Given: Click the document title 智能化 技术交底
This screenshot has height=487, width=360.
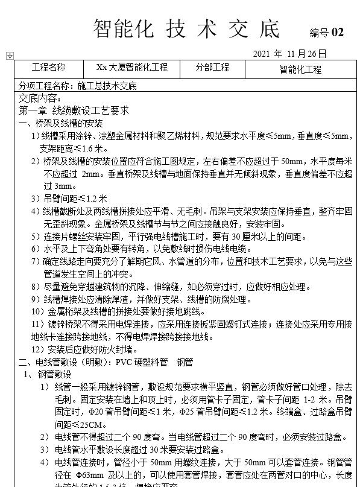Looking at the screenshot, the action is pos(187,28).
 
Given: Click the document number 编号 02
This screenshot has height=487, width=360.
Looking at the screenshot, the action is pos(326,33).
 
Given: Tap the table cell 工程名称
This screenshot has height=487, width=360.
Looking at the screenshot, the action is pos(48,68).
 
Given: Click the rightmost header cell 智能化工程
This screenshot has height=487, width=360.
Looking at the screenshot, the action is pos(300,69).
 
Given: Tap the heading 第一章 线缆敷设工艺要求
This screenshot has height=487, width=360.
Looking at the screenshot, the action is pos(74,110).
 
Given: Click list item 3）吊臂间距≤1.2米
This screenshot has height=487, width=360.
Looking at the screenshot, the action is pos(69,198).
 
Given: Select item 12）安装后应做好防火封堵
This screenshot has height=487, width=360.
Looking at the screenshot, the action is pos(84,349).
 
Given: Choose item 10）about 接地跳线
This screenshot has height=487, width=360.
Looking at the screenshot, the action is pos(106,311).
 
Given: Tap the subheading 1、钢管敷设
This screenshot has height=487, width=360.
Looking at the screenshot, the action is pos(47,375).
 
